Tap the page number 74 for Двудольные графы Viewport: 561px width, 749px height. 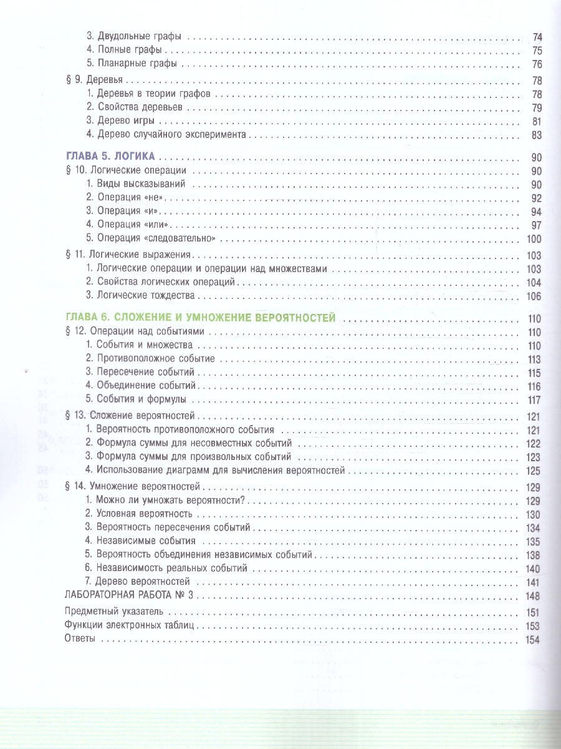[537, 37]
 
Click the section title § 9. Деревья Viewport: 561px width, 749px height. [93, 81]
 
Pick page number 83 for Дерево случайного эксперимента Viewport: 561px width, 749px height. [537, 135]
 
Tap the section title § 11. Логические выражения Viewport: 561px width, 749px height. [128, 255]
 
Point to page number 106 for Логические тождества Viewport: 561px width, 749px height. [535, 296]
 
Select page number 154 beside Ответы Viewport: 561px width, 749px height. [535, 640]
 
